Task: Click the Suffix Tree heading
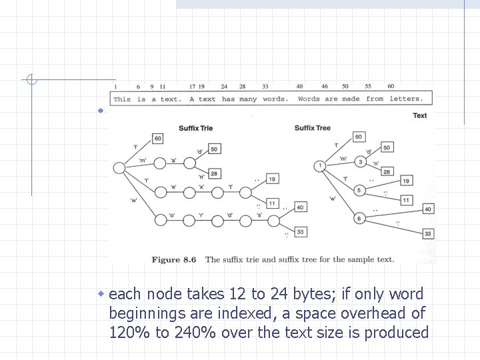click(313, 128)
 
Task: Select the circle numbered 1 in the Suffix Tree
click(321, 165)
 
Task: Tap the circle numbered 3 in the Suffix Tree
click(360, 162)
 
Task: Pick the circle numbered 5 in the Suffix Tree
click(360, 191)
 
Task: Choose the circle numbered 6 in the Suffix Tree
click(360, 218)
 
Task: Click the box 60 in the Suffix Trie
click(158, 139)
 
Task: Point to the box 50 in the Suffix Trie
click(215, 149)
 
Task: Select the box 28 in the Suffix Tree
click(386, 172)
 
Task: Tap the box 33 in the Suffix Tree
click(427, 233)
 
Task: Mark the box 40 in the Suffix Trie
click(300, 207)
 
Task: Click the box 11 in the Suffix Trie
click(272, 203)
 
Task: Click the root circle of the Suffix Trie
click(119, 168)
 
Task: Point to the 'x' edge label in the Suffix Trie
click(201, 186)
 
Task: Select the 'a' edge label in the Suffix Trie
click(173, 160)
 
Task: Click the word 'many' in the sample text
click(248, 99)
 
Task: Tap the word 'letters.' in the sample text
click(406, 99)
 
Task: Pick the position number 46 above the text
click(325, 87)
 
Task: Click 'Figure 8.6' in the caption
click(174, 260)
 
